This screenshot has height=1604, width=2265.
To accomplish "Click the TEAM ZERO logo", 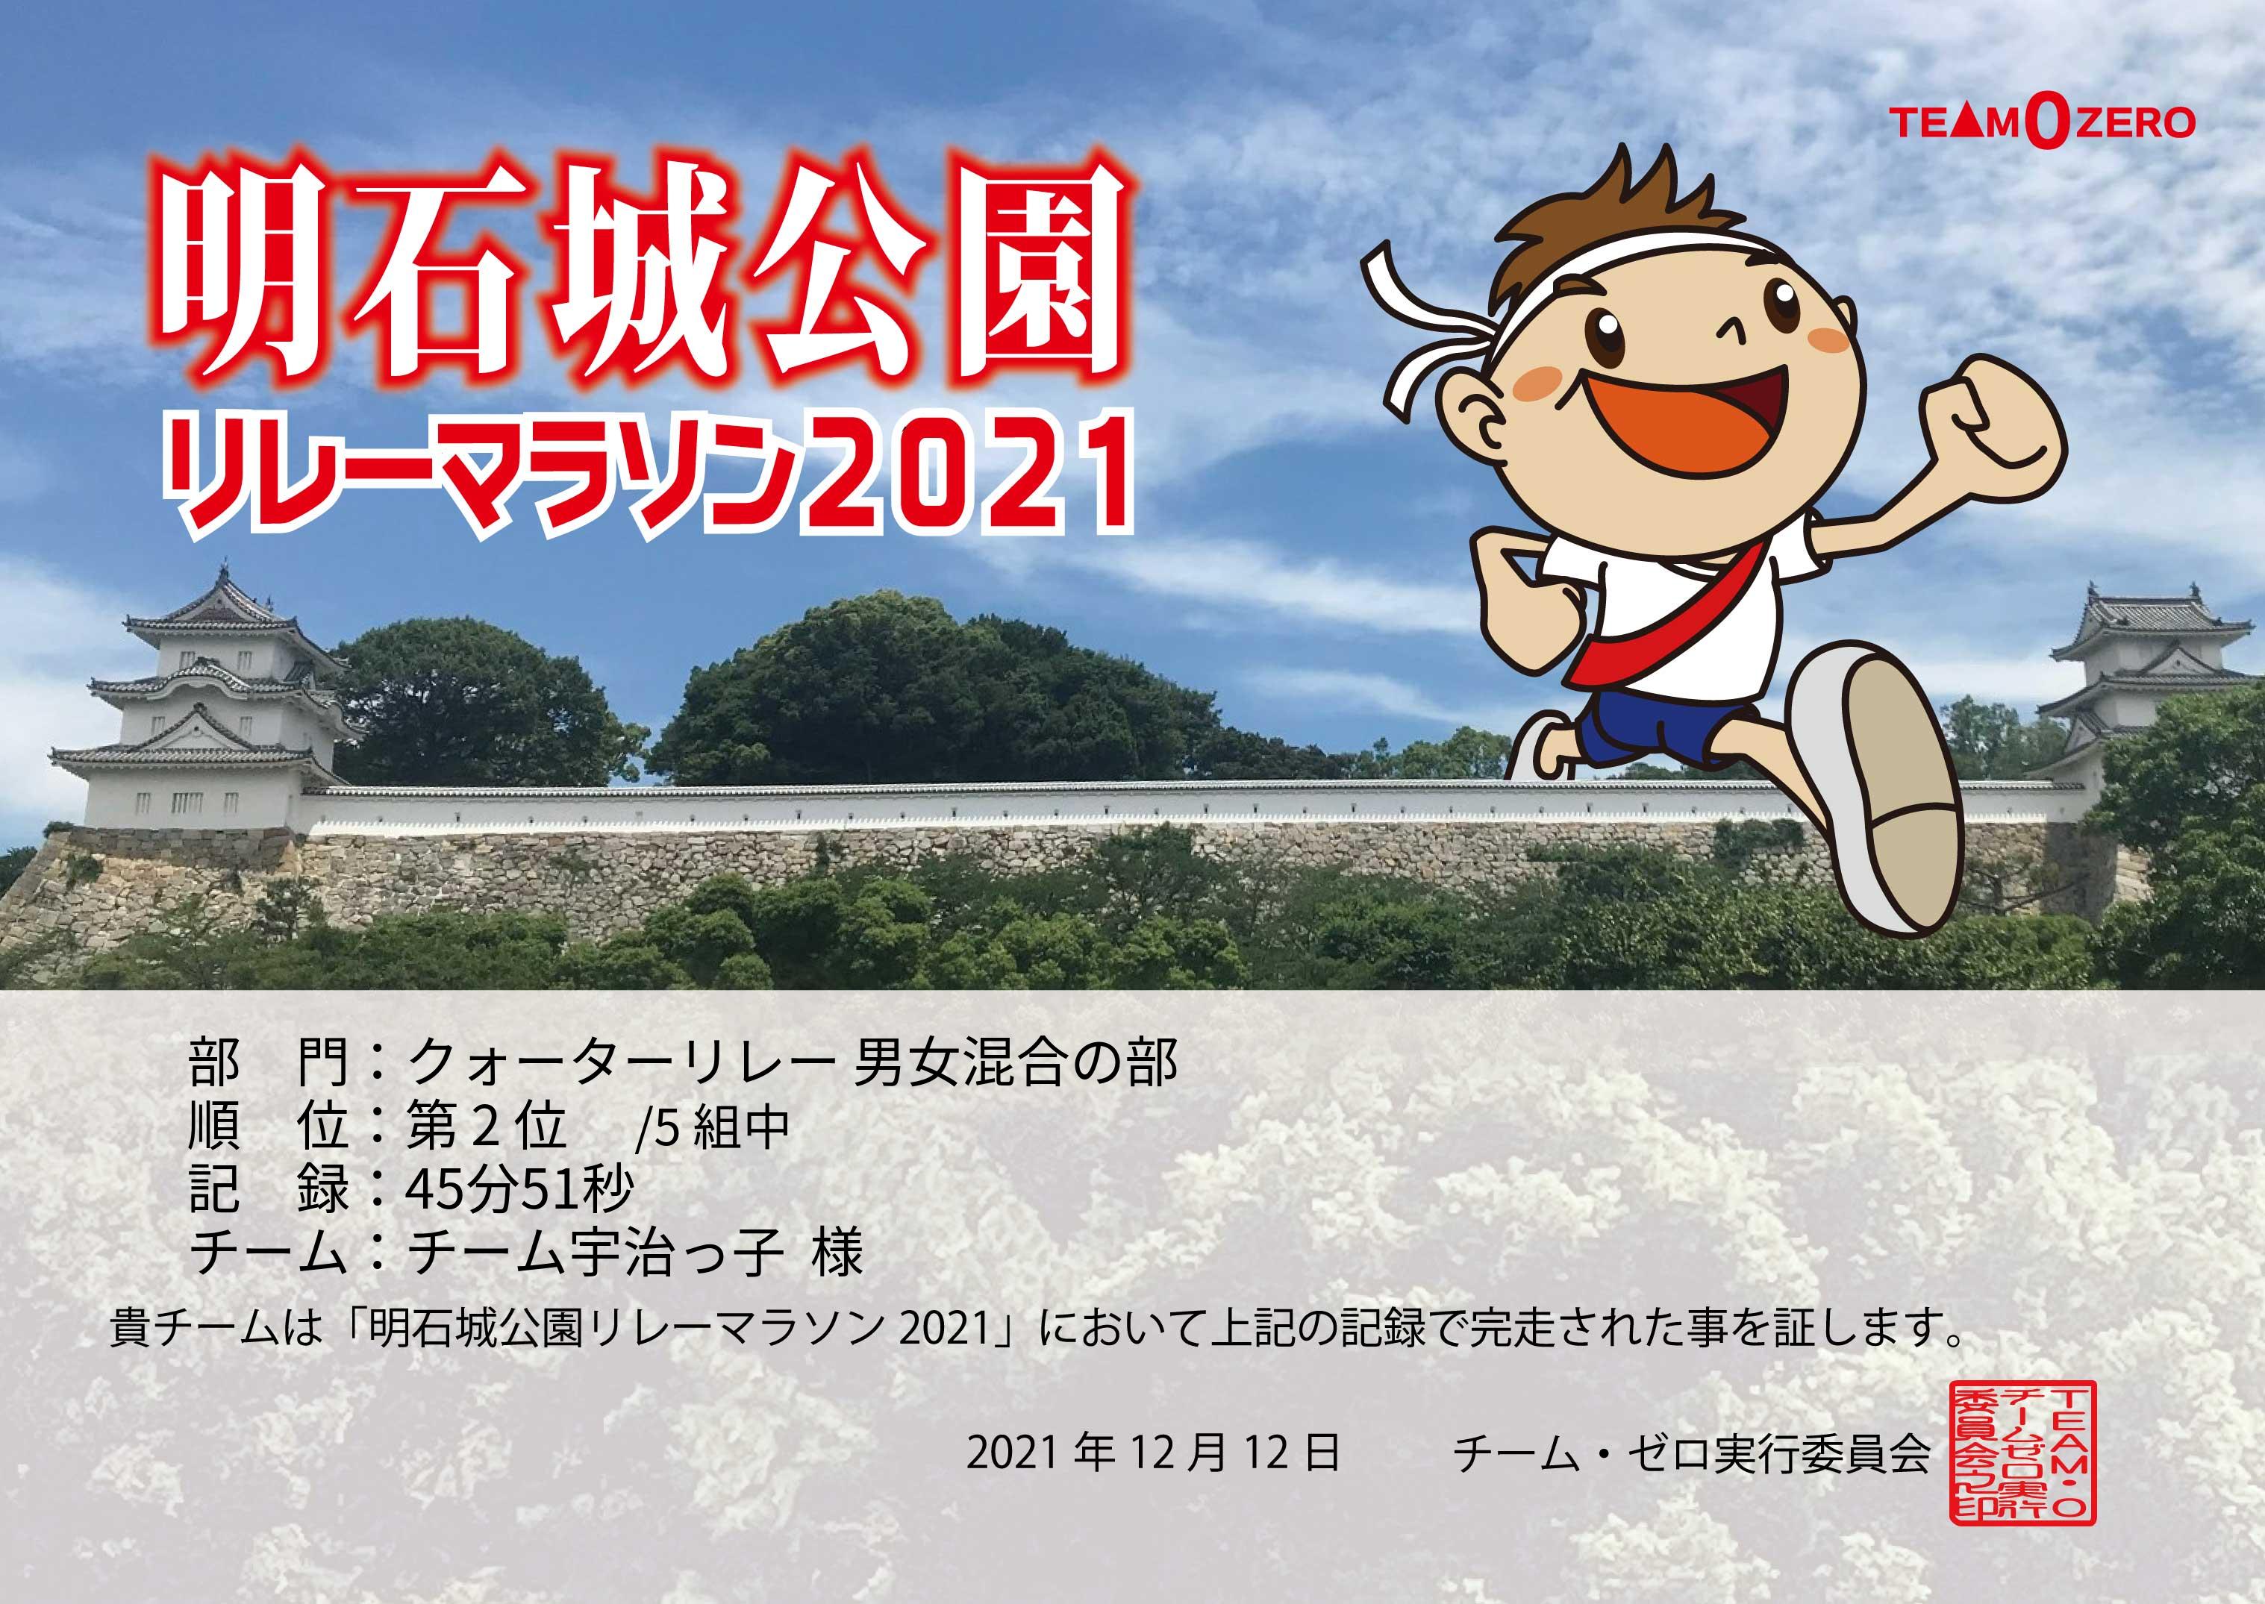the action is [x=2026, y=122].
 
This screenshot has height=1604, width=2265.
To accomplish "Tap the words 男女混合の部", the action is [x=1016, y=1065].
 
